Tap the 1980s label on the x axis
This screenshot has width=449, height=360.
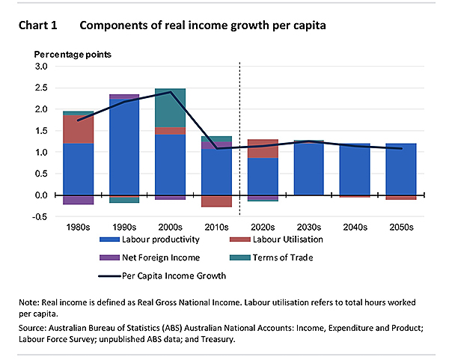click(x=78, y=225)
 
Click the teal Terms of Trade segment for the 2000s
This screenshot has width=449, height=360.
click(x=171, y=108)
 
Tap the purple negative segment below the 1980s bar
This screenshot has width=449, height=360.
click(x=78, y=199)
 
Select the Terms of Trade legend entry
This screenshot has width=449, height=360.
click(x=275, y=257)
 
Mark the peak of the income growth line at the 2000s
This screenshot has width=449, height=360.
click(x=171, y=92)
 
